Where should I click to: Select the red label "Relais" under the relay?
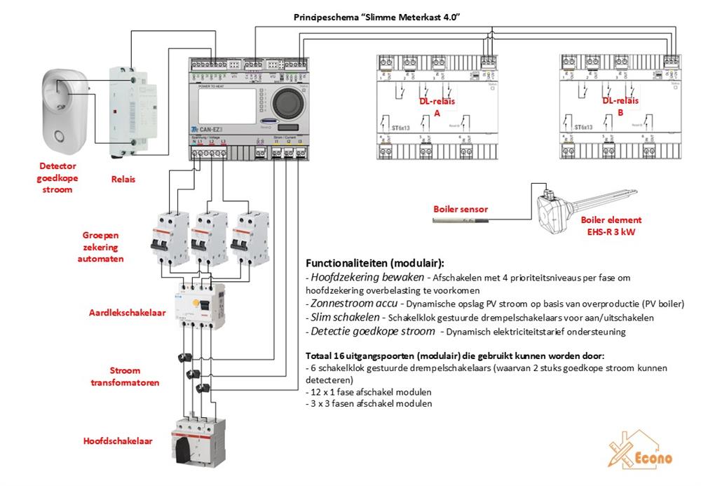tap(123, 179)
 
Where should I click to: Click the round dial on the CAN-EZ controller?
tap(286, 103)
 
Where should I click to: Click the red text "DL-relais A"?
tap(437, 107)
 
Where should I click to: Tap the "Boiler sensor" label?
tap(461, 209)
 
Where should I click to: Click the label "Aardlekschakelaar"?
tap(128, 312)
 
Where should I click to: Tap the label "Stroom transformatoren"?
tap(125, 377)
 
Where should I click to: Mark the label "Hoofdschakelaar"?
tap(118, 441)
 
